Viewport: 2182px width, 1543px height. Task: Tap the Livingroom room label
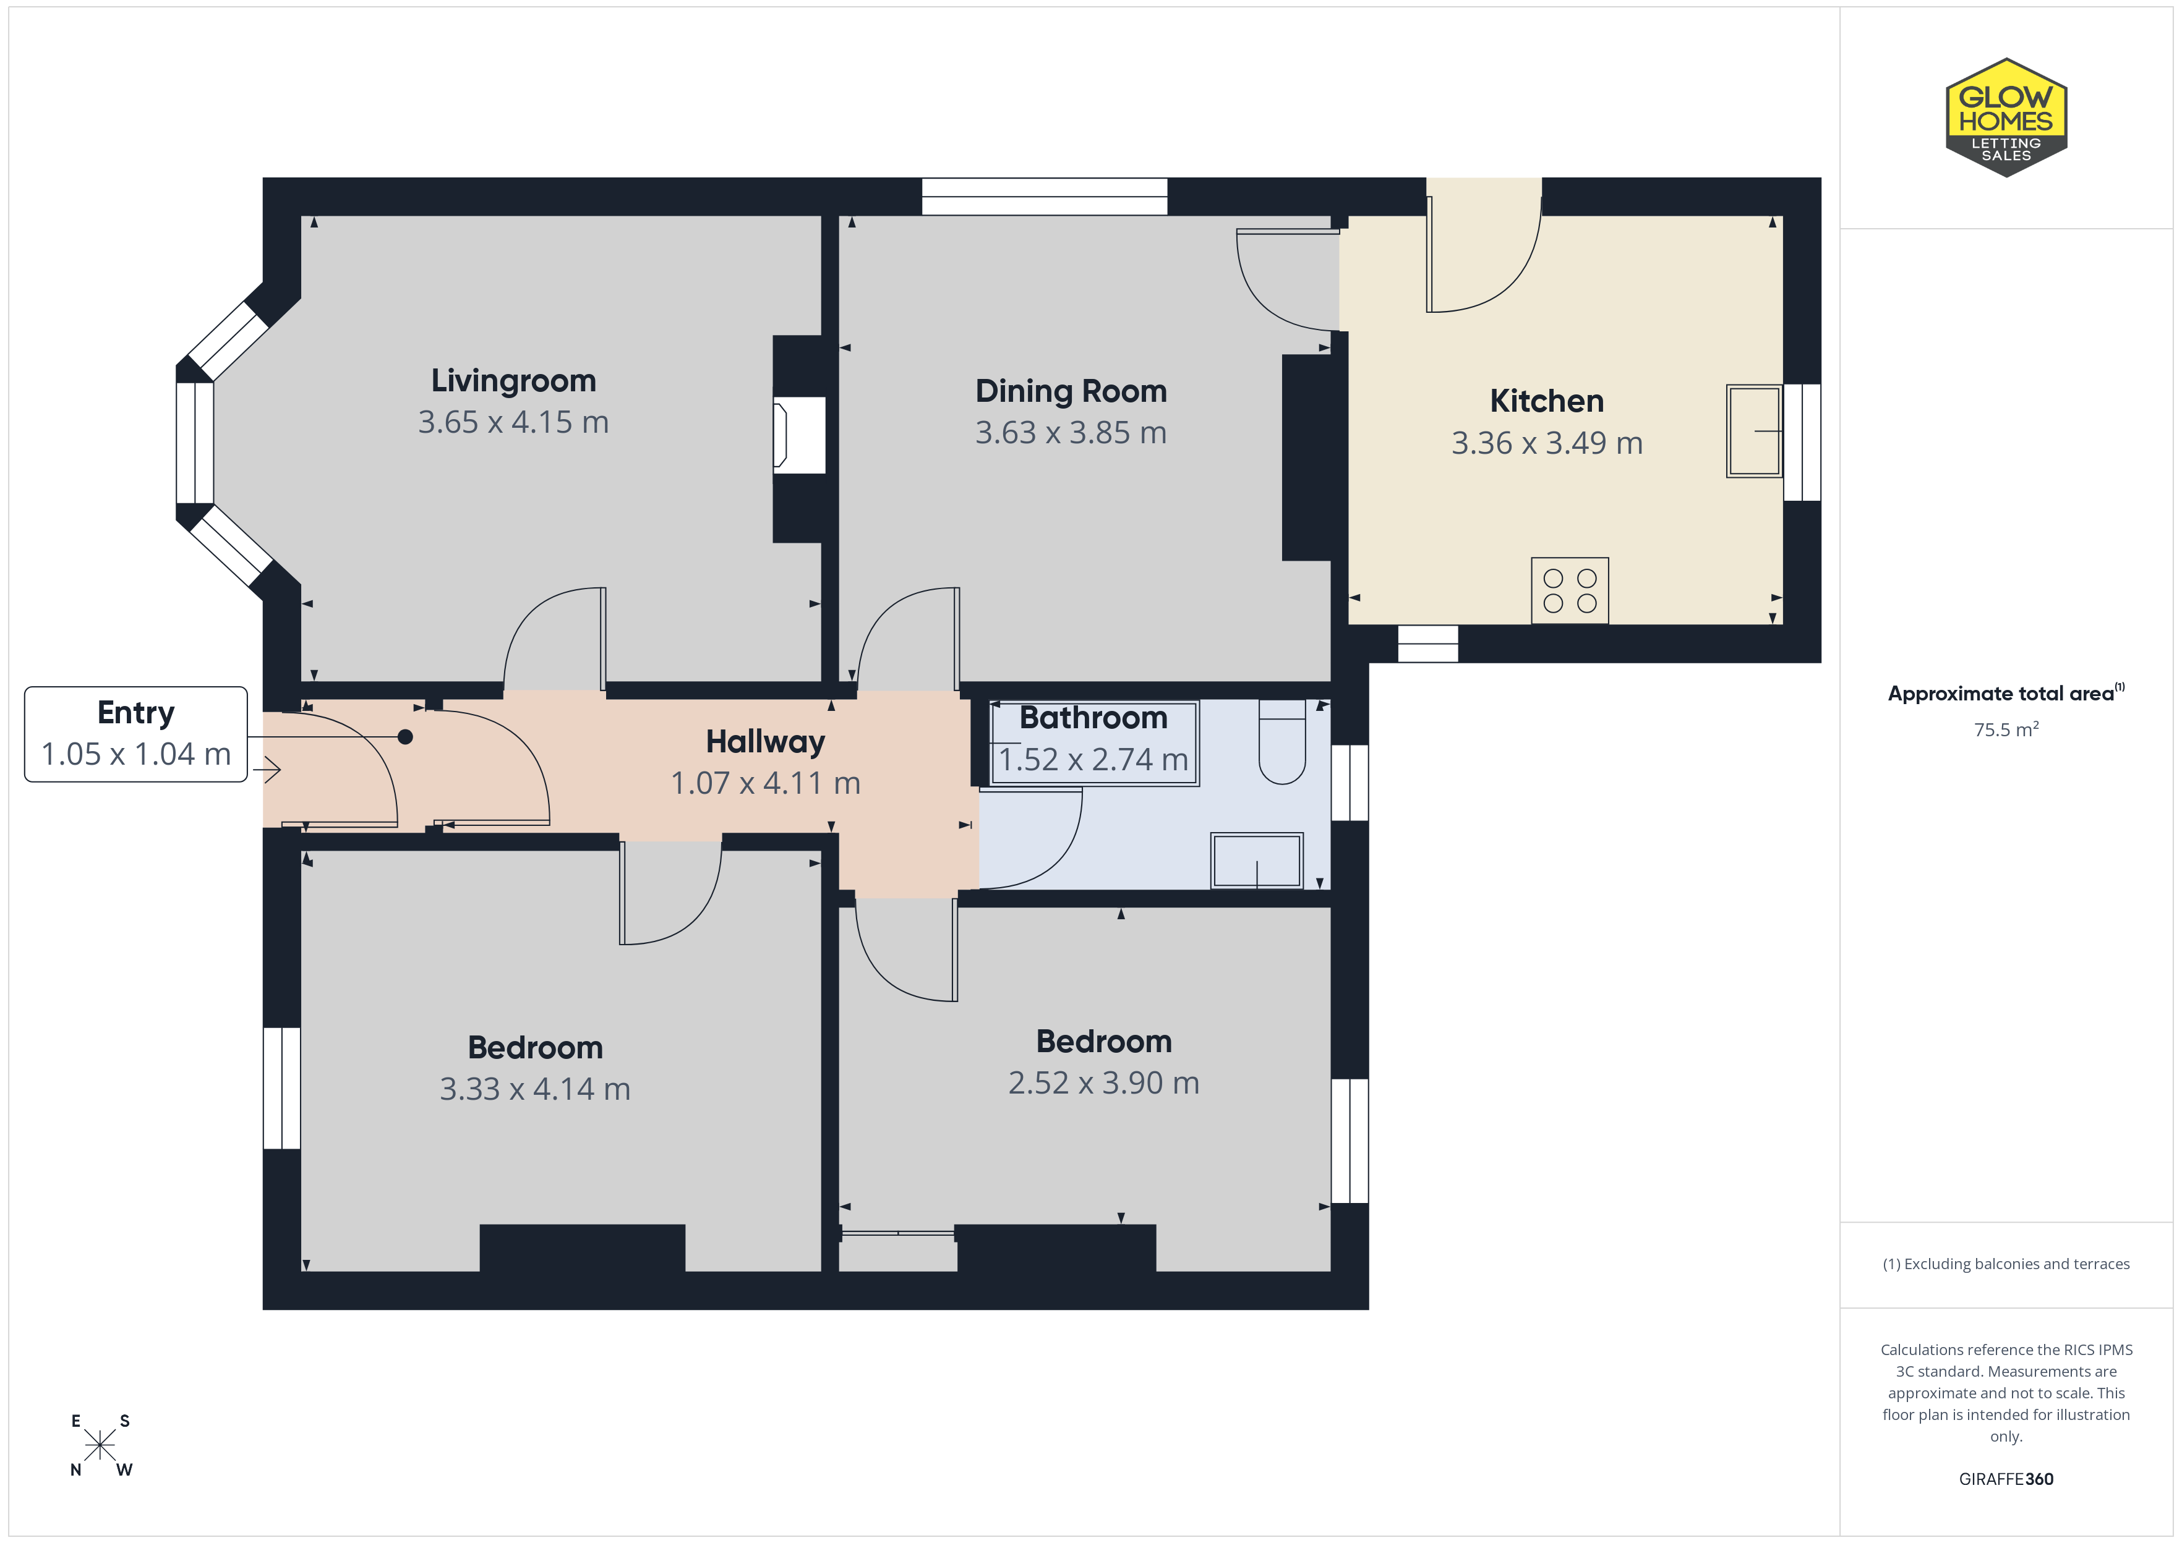coord(513,380)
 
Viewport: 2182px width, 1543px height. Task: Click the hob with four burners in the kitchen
coord(1569,590)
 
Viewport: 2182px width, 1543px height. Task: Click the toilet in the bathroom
coord(1282,742)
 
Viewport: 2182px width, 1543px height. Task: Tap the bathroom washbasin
coord(1256,860)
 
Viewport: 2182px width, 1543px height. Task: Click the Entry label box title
coord(136,713)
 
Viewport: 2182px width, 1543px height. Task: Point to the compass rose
coord(100,1445)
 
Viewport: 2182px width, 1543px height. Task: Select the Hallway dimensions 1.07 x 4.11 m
coord(765,783)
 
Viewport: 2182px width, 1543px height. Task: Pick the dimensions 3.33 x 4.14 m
coord(534,1089)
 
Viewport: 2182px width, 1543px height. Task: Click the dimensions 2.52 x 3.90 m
coord(1103,1083)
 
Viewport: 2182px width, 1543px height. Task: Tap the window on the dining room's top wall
coord(1045,197)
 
